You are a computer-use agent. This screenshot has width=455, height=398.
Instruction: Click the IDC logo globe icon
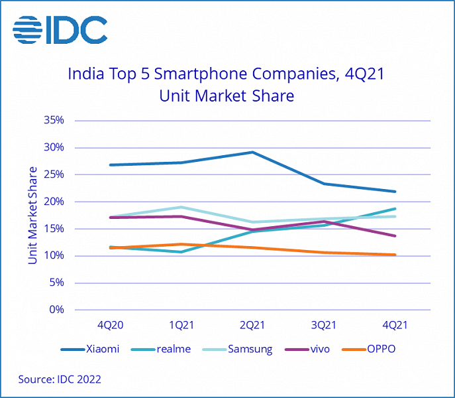(28, 30)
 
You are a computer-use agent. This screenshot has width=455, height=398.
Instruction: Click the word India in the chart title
(85, 74)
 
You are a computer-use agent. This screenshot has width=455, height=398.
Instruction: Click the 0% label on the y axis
(57, 310)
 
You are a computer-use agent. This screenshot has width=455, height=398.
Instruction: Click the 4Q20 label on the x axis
(110, 325)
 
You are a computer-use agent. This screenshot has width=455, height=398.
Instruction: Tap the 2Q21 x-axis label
(252, 325)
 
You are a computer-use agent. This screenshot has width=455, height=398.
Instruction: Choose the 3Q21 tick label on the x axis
(324, 325)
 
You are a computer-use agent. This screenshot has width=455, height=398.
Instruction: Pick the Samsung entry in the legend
(250, 349)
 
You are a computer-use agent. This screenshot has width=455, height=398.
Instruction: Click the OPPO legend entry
(381, 349)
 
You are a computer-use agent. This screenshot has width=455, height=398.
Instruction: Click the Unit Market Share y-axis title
(32, 216)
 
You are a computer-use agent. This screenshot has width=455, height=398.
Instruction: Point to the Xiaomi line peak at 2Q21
(252, 152)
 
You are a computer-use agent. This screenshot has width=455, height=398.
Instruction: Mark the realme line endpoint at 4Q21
(395, 209)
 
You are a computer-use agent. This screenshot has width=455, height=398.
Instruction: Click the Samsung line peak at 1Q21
(181, 207)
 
